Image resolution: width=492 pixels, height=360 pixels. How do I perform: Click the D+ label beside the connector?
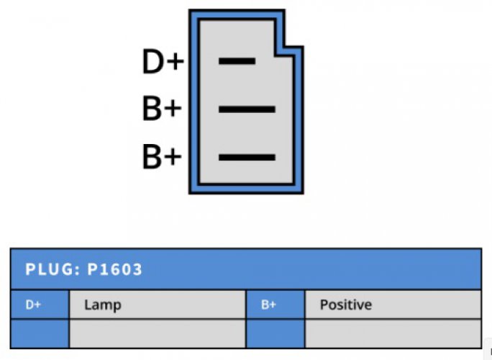click(163, 61)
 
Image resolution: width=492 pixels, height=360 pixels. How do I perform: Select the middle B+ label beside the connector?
click(162, 109)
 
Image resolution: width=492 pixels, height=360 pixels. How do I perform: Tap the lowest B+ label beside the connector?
click(162, 156)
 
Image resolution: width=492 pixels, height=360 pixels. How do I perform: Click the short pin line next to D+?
click(237, 61)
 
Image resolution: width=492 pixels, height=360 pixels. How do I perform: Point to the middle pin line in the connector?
click(247, 109)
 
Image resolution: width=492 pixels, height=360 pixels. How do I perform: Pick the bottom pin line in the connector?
click(247, 157)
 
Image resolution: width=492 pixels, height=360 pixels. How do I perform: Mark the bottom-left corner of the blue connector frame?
click(189, 194)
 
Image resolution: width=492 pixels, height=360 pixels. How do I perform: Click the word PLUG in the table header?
click(49, 269)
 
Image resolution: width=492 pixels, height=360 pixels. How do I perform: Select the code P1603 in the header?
click(114, 269)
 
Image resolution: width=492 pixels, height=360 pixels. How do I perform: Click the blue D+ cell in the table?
click(40, 305)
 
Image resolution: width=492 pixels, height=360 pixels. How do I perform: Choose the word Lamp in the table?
click(103, 305)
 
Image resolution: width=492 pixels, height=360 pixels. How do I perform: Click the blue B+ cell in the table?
click(275, 305)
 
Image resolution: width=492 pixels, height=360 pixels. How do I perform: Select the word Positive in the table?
click(346, 305)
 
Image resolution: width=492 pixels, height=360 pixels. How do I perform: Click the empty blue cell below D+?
click(40, 333)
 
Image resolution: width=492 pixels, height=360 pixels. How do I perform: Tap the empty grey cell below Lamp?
click(158, 333)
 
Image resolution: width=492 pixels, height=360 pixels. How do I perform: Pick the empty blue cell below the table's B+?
click(275, 333)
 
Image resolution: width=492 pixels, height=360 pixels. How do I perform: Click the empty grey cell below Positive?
click(393, 333)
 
